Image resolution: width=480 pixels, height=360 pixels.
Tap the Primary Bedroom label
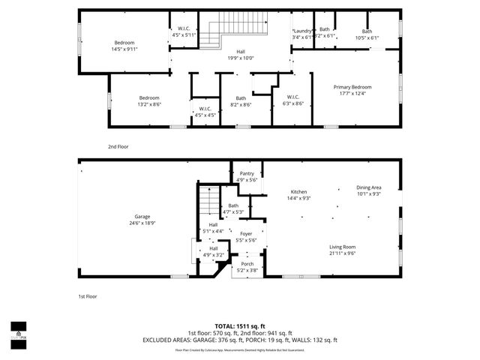(352, 87)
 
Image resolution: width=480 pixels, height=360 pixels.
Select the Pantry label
(247, 173)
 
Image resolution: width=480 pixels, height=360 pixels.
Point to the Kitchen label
(299, 191)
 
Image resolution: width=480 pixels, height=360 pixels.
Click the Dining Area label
(368, 187)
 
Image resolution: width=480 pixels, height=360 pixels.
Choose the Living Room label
(342, 247)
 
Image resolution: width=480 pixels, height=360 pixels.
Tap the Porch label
(246, 264)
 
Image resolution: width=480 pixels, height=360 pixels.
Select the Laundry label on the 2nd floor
(302, 31)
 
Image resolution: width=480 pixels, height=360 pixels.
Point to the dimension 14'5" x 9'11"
(124, 49)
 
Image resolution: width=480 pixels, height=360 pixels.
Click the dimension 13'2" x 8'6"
(149, 104)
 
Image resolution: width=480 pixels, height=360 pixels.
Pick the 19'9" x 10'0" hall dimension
(241, 58)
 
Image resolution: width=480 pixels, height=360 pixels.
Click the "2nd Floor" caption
(118, 146)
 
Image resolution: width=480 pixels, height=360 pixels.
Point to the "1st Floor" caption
(88, 296)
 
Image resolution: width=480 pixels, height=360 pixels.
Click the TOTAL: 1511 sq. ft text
(240, 326)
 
